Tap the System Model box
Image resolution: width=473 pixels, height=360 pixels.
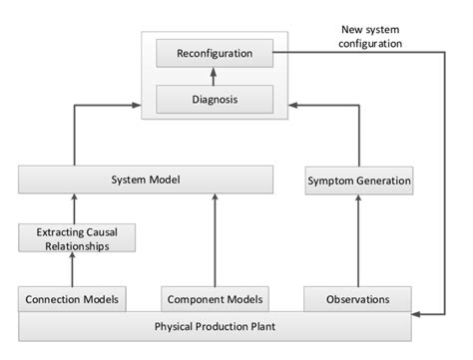[x=145, y=180]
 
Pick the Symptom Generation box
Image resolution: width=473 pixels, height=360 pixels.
[x=356, y=181]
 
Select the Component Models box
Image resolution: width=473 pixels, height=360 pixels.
[x=216, y=298]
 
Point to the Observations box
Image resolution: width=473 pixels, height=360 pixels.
[x=356, y=298]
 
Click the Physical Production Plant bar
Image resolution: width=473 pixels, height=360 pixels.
[x=215, y=325]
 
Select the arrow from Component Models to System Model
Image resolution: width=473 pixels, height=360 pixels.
[x=216, y=239]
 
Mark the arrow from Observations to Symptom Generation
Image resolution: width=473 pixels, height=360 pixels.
[x=356, y=239]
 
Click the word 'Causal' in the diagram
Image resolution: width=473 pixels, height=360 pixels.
[x=112, y=231]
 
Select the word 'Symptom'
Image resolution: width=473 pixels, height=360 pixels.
[x=330, y=181]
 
